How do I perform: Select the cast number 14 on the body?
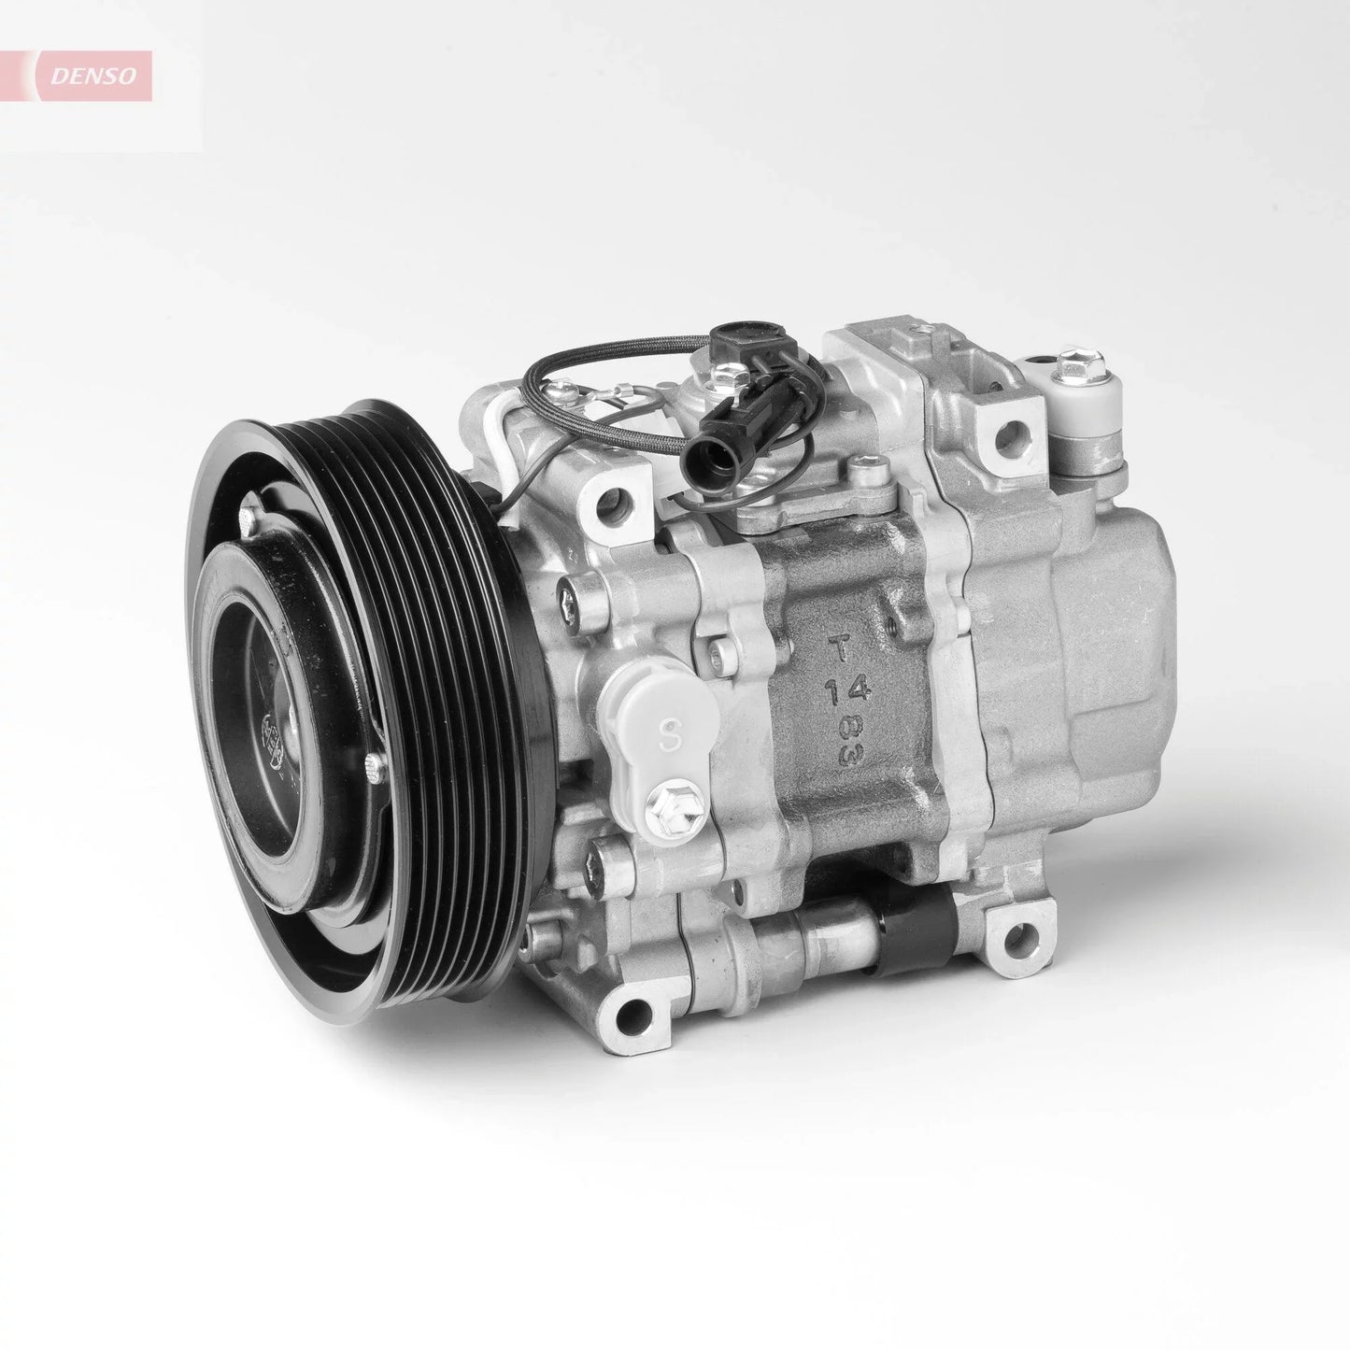coord(848,690)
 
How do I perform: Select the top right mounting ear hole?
coord(1007,432)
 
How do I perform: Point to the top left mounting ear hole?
coord(613,504)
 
